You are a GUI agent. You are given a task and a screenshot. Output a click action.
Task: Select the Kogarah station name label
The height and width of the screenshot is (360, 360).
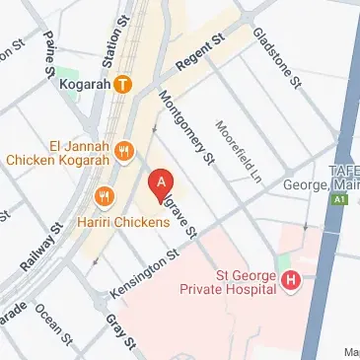pyautogui.click(x=83, y=84)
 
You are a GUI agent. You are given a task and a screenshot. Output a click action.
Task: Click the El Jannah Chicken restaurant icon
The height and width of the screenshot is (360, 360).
pyautogui.click(x=123, y=151)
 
